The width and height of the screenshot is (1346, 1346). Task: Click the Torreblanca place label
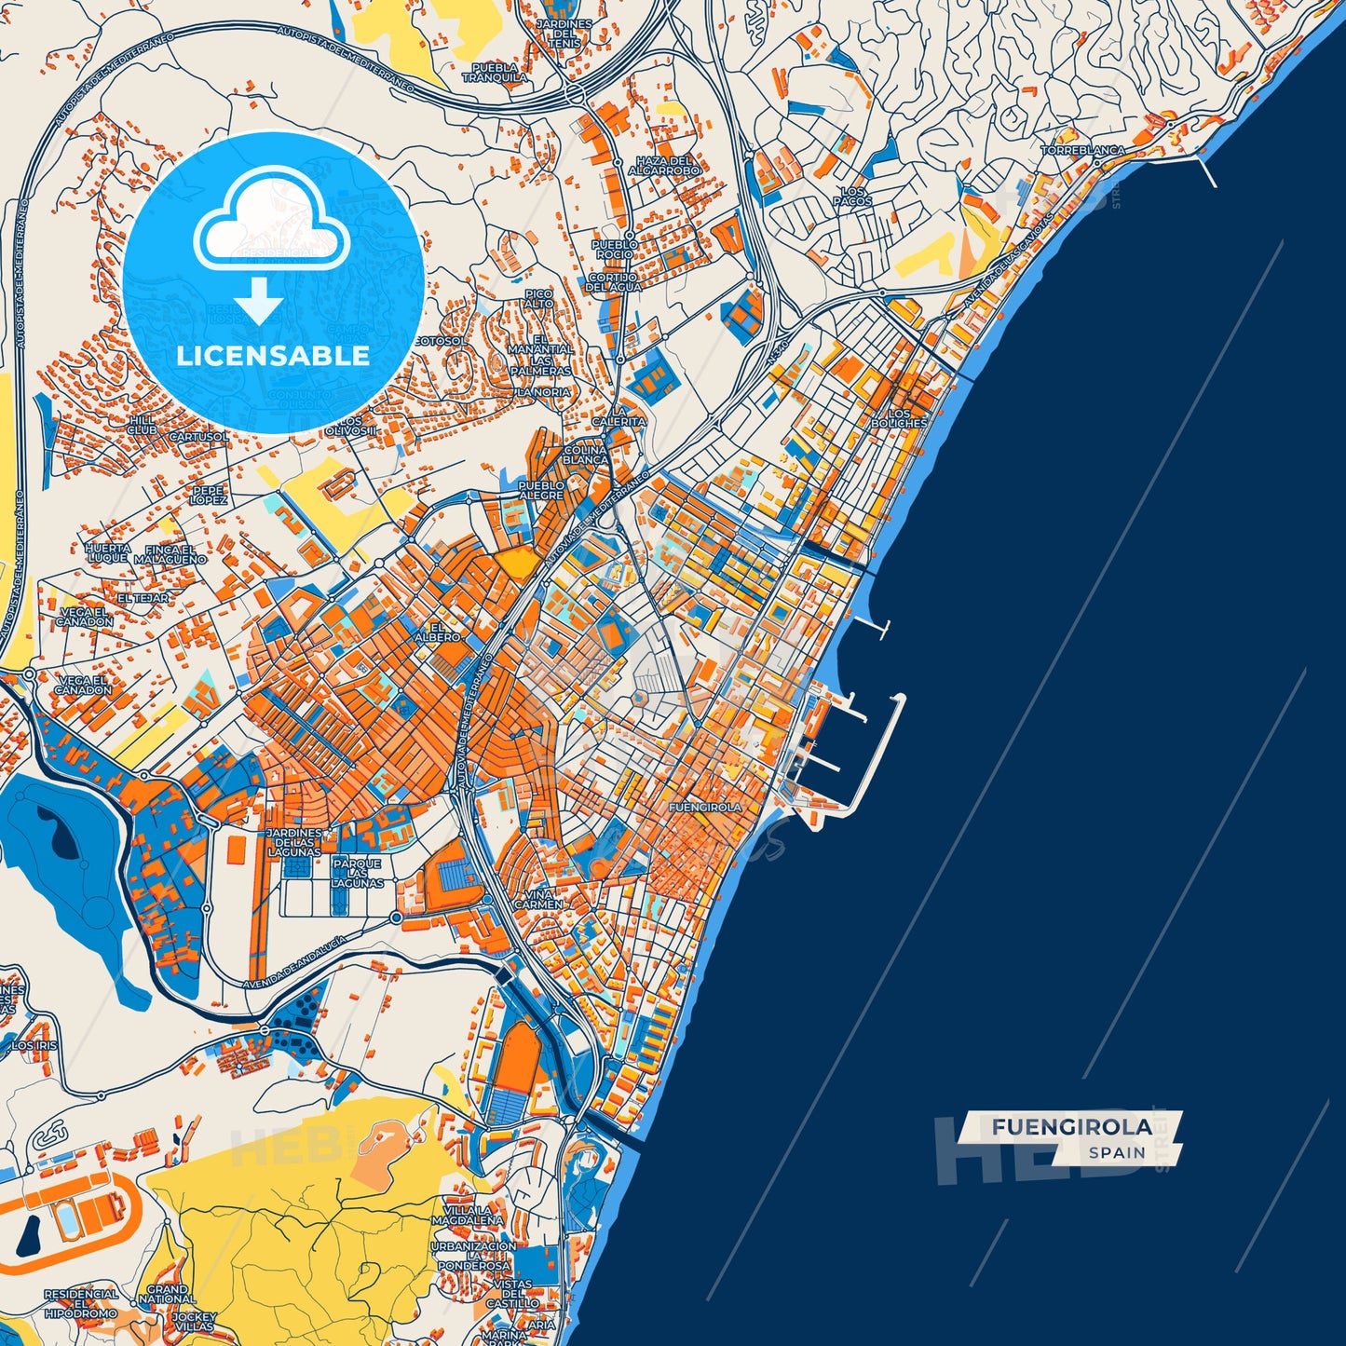coord(1082,150)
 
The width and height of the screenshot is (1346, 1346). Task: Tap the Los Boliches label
coord(899,418)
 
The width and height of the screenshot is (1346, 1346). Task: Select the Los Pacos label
coord(852,197)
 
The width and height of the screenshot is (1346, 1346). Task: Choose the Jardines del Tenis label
coord(564,34)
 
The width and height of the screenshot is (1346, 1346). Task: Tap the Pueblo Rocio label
coord(615,249)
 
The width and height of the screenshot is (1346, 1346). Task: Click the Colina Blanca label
coord(585,455)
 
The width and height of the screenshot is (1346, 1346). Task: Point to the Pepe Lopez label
coord(209,495)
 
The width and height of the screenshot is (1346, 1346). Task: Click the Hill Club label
coord(142,425)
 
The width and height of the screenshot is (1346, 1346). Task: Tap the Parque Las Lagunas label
coord(357,873)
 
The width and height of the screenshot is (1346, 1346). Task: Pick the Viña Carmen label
coord(538,899)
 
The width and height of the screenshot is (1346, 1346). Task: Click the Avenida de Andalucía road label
coord(294,963)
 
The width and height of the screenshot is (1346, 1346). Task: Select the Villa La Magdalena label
coord(468,1215)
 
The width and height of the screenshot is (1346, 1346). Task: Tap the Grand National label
coord(167,1294)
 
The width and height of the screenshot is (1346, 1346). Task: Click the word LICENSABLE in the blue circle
coord(273,356)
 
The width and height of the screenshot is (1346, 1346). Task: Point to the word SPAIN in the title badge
coord(1117,1152)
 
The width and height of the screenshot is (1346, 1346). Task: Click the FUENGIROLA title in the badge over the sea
coord(1071,1127)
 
